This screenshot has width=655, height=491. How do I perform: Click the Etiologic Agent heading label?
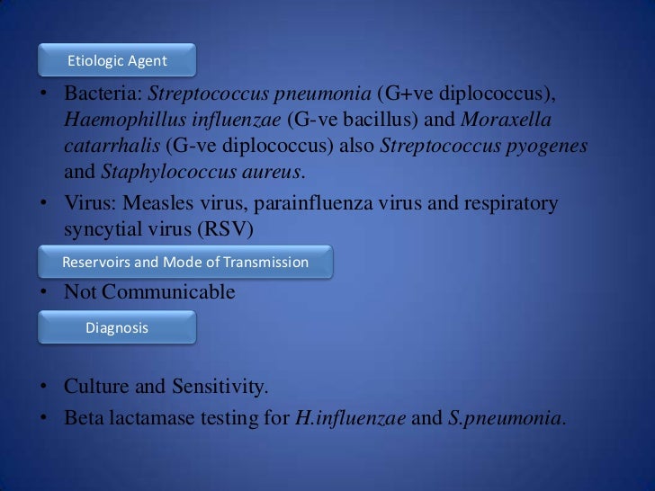(x=117, y=61)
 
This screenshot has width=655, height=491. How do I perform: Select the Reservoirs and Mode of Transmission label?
(x=185, y=263)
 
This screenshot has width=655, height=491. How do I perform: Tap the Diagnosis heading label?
(x=117, y=328)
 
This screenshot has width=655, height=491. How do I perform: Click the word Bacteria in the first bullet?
(x=101, y=94)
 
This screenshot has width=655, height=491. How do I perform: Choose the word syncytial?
(x=103, y=230)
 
